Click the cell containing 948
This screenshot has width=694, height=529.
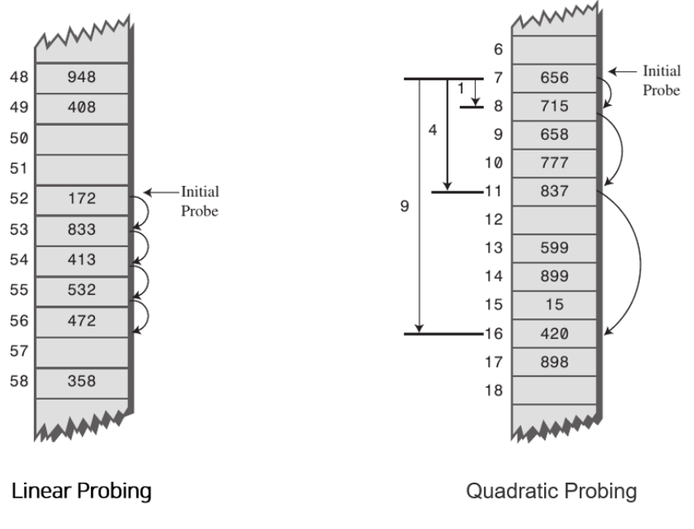(81, 77)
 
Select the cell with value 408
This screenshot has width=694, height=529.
(81, 107)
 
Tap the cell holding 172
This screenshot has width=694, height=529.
(81, 199)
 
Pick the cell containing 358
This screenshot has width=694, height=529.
(81, 381)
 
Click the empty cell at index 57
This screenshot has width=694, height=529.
(81, 351)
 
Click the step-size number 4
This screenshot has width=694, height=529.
(432, 131)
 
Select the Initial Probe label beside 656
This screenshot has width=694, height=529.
(662, 79)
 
